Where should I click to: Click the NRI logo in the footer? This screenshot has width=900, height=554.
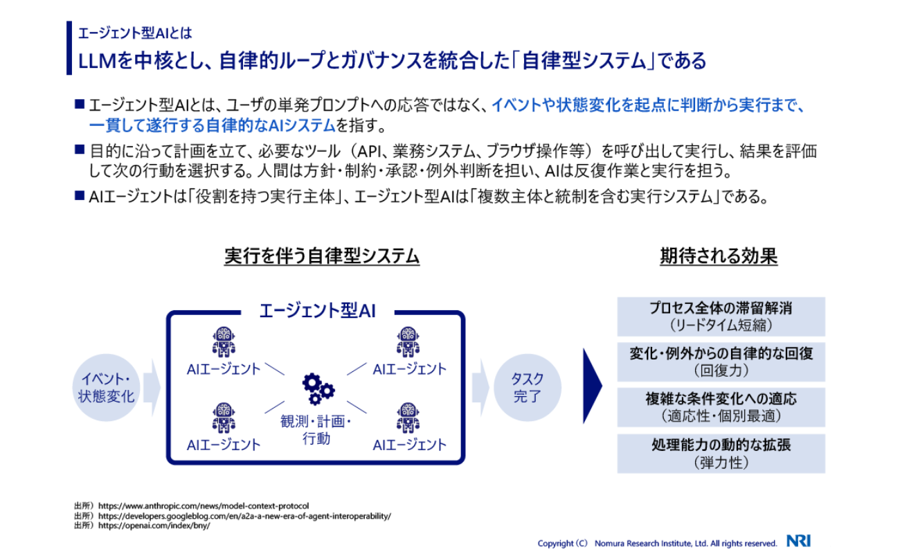coord(798,542)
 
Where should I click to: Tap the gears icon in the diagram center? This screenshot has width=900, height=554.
coord(318,389)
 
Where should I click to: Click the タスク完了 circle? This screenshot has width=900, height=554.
coord(527,388)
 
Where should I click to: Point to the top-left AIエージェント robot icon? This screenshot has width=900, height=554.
coord(224,342)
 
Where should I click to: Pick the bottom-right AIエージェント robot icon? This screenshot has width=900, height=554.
coord(409,418)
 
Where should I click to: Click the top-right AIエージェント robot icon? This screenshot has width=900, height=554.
coord(409,342)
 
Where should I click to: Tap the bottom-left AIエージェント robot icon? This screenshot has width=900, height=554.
coord(224,418)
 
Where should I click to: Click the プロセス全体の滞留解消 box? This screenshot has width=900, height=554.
coord(721,316)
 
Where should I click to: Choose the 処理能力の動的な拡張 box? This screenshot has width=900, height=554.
coord(721,454)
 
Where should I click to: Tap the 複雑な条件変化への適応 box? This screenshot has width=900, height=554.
coord(721,407)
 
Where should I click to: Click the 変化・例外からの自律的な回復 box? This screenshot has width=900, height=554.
coord(721,361)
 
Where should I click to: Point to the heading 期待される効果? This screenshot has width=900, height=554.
coord(719,256)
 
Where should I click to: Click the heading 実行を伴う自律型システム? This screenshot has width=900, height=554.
coord(322,256)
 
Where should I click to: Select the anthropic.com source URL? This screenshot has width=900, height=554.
coord(204,506)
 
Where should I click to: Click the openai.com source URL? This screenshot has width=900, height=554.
coord(154,526)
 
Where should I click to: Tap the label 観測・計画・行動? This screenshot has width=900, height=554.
coord(316,431)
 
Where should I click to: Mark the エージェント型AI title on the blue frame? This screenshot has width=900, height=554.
coord(316,310)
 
